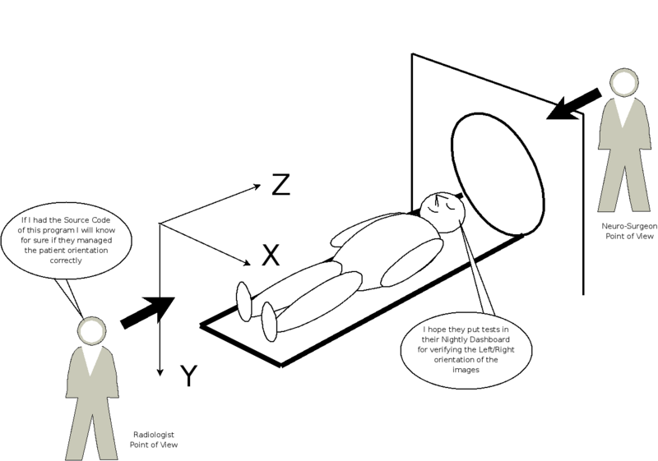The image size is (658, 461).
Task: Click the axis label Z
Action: click(280, 185)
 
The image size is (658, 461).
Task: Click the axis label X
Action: click(271, 255)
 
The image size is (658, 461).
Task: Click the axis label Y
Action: click(189, 376)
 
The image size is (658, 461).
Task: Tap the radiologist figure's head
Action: click(91, 331)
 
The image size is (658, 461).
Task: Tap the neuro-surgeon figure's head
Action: click(624, 82)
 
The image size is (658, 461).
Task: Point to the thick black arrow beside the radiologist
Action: click(147, 312)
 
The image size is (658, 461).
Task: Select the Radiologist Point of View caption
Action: click(154, 440)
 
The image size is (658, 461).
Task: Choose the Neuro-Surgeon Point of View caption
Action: click(629, 231)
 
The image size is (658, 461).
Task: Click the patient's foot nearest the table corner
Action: click(269, 321)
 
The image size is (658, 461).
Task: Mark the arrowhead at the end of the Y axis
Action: click(160, 371)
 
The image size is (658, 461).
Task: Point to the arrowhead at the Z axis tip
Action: click(257, 187)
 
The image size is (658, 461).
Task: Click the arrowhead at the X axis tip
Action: click(247, 263)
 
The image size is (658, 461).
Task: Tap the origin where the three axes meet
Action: click(160, 224)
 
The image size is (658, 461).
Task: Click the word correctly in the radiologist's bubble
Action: click(66, 260)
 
